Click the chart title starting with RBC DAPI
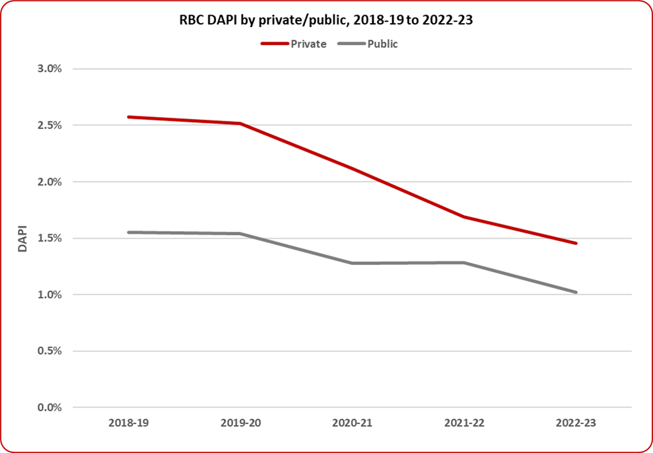click(326, 20)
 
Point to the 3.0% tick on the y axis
click(49, 69)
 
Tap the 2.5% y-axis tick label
click(49, 125)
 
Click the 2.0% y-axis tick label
click(49, 182)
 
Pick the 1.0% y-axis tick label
click(49, 295)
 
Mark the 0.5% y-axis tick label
click(49, 351)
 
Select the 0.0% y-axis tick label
click(49, 407)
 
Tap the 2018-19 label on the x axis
click(129, 423)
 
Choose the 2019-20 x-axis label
click(240, 423)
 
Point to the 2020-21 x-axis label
click(353, 423)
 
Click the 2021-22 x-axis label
click(464, 423)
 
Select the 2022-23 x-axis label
click(576, 423)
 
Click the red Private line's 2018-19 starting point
click(129, 117)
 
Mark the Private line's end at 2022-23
click(576, 243)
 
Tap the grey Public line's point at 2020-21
click(353, 263)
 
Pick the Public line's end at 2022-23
click(576, 292)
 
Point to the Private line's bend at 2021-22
click(464, 217)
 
